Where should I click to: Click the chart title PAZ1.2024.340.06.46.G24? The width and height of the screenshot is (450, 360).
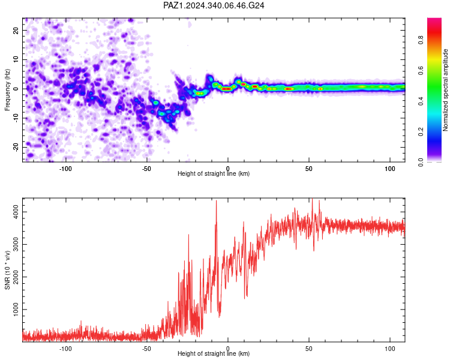214,5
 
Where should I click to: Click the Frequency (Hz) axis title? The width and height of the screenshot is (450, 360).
7,90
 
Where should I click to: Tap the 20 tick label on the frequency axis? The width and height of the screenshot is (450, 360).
16,30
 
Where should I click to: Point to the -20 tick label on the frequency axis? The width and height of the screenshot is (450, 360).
16,147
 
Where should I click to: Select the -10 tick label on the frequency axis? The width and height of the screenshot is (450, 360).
16,118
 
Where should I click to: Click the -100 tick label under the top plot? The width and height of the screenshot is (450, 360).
65,169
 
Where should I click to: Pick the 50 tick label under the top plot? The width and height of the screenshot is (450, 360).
309,169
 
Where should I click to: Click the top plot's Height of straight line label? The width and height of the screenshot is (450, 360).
214,173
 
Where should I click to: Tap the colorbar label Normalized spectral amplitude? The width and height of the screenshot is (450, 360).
445,90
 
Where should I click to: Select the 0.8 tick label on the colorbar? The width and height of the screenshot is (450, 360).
421,40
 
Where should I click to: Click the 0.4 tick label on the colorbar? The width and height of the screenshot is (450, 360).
421,101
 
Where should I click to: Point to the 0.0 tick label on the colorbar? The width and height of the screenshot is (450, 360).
421,162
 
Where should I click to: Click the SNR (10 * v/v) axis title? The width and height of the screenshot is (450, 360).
7,270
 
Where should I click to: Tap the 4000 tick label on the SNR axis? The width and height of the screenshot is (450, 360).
16,212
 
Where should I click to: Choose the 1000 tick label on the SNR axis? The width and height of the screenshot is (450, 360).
16,310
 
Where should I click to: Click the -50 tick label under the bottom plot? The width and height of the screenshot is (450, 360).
146,349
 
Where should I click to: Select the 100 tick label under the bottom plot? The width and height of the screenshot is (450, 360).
390,349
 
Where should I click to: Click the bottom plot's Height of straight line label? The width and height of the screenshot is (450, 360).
214,353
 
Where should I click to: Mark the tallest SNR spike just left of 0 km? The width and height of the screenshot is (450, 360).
216,201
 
